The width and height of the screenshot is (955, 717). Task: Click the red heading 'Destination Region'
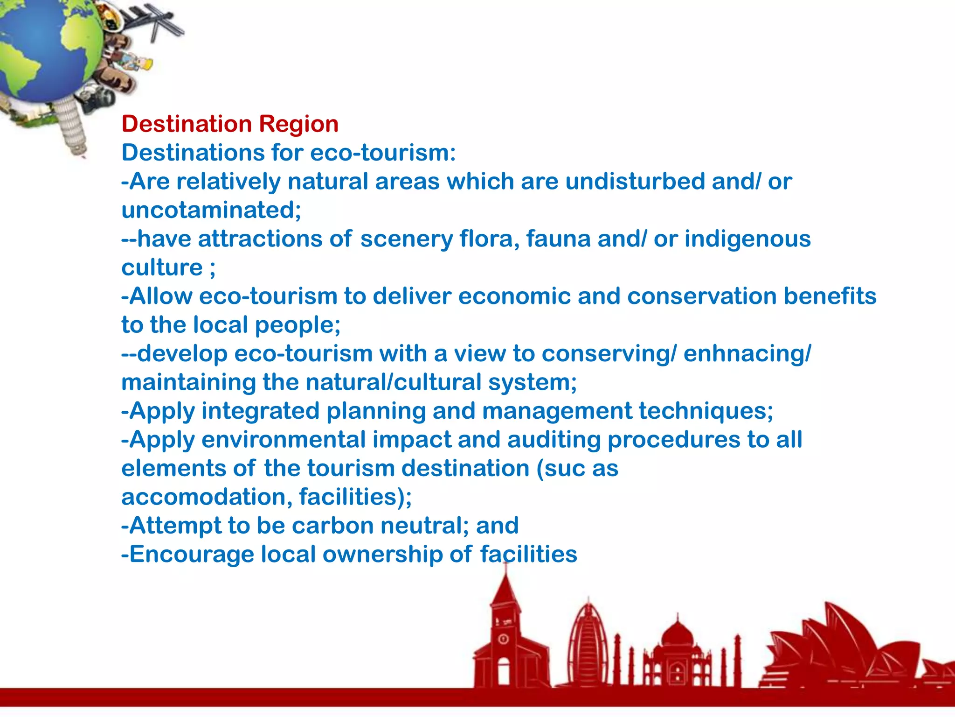click(x=230, y=124)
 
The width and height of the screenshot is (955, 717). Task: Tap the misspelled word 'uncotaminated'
click(x=209, y=210)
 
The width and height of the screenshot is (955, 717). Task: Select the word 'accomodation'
click(x=206, y=497)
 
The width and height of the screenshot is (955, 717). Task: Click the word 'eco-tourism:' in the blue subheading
click(x=382, y=153)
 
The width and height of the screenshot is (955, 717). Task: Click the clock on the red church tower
click(x=503, y=639)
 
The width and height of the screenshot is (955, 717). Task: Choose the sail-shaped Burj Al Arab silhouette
click(x=588, y=644)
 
